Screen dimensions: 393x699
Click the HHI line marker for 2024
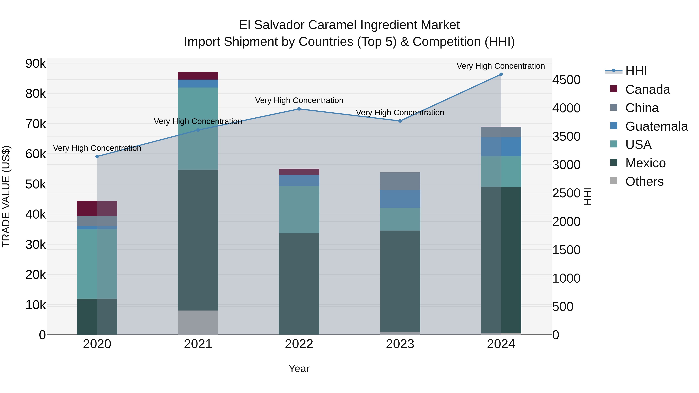(501, 74)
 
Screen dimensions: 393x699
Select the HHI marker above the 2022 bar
(299, 109)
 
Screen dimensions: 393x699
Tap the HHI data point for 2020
(97, 156)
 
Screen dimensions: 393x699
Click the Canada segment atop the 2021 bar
(198, 76)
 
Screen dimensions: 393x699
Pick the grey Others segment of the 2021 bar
(198, 323)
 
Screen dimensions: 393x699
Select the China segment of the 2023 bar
(400, 181)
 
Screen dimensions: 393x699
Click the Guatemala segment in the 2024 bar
(501, 147)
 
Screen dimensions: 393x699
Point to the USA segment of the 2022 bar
(299, 209)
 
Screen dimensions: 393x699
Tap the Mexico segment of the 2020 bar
(97, 317)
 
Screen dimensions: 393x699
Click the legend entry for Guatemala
(656, 126)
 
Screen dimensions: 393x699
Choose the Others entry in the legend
(644, 181)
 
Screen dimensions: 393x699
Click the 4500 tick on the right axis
(566, 80)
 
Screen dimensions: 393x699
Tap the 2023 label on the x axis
(400, 344)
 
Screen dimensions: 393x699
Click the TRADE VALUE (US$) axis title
(6, 196)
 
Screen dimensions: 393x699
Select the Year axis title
(299, 369)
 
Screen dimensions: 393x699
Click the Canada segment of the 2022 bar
(299, 172)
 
